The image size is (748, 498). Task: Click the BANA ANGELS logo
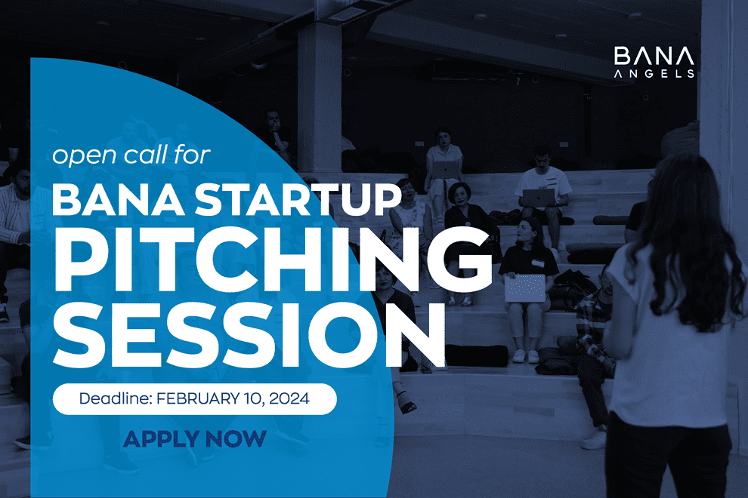[x=654, y=61]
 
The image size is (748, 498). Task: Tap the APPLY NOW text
[x=195, y=439]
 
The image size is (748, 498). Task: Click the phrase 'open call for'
[x=131, y=155]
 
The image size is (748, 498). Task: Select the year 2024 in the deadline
[x=289, y=398]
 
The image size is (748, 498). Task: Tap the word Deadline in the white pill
[x=115, y=398]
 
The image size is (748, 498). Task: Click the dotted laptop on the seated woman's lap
[x=525, y=287]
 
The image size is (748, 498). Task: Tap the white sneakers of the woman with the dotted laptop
[x=526, y=356]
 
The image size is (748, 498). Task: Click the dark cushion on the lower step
[x=476, y=355]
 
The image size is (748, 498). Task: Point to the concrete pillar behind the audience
[x=319, y=95]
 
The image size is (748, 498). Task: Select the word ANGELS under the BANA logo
[x=654, y=73]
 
